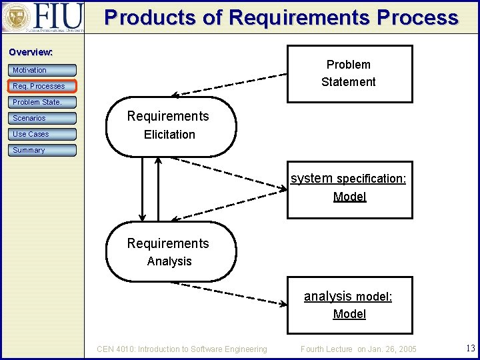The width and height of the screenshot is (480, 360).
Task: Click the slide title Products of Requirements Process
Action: coord(281,17)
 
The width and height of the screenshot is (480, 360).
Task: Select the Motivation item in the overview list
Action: coord(43,70)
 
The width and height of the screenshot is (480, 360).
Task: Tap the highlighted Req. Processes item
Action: coord(43,86)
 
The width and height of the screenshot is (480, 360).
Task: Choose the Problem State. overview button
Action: coord(43,102)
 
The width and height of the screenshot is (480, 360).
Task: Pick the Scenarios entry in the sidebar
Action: coord(43,118)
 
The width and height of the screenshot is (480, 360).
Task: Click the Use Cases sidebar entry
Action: coord(43,134)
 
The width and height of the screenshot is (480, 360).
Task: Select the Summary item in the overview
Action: coord(43,150)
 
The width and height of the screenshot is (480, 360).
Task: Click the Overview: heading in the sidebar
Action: coord(31,52)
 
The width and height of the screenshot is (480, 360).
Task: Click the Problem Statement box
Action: coord(349,73)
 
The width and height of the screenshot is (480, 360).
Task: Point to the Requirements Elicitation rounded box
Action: coord(171,125)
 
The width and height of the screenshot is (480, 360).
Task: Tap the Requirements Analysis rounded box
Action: coord(171,252)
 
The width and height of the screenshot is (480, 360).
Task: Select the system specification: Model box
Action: coord(349,189)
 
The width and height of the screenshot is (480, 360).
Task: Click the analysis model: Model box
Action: coord(349,305)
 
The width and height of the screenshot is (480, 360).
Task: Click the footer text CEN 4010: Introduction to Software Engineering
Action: coord(182,349)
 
